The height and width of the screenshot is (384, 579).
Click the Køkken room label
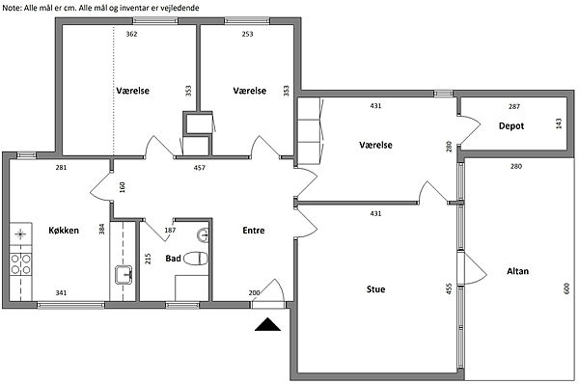tap(64, 231)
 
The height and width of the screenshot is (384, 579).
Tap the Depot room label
tap(511, 125)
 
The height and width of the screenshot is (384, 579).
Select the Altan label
tap(517, 271)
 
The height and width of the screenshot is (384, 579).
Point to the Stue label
tap(376, 289)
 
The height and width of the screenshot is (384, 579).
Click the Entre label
tap(254, 231)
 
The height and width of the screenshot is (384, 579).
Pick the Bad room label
tap(173, 259)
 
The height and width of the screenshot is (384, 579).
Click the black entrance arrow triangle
tap(267, 324)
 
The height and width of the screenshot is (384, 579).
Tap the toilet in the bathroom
tap(196, 259)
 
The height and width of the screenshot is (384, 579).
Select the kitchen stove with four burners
tap(20, 264)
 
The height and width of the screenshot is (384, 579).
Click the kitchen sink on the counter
tap(124, 275)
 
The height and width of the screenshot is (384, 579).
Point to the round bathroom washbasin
tap(203, 235)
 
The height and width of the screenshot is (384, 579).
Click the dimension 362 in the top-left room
tap(131, 34)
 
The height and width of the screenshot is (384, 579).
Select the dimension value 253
tap(247, 34)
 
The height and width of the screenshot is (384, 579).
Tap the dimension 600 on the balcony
tap(566, 288)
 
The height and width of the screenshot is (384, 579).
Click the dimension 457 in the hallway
tap(200, 168)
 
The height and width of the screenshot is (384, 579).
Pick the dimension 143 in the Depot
tap(559, 123)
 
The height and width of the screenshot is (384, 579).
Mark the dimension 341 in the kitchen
tap(62, 292)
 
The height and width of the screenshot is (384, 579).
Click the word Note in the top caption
tap(11, 8)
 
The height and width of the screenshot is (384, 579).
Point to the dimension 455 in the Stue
tap(449, 288)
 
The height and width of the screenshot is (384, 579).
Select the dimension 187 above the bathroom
tap(170, 231)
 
